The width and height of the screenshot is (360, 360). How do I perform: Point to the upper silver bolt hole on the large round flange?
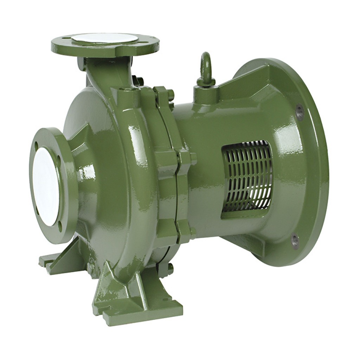pos(300,112)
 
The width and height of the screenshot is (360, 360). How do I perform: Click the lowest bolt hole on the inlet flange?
pos(60,226)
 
